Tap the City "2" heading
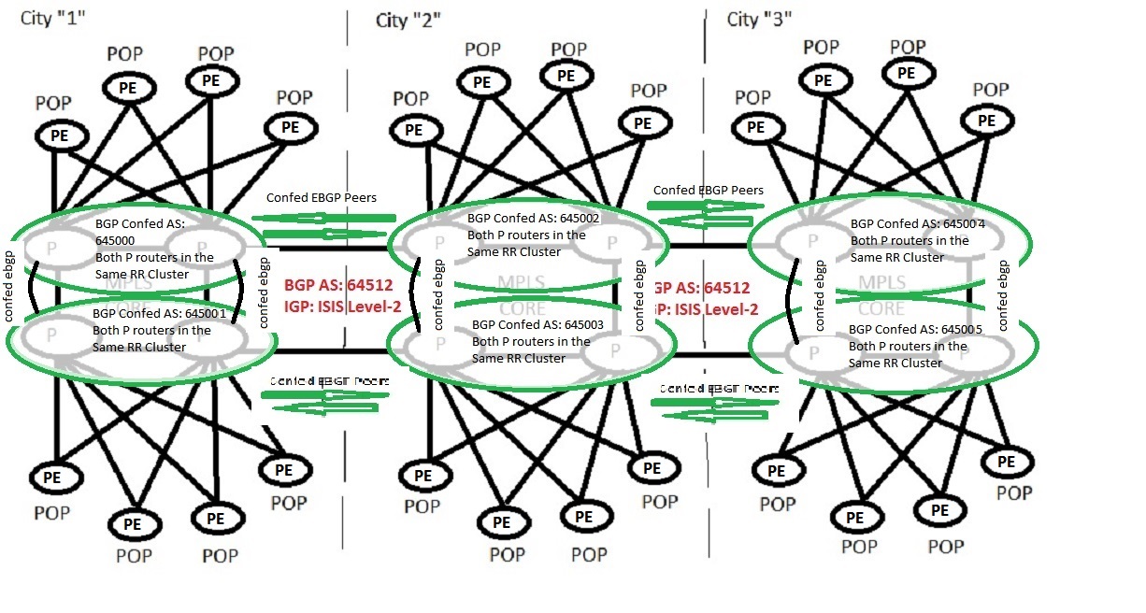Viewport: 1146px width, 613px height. (408, 20)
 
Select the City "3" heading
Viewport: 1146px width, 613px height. (759, 20)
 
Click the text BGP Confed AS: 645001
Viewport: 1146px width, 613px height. (159, 314)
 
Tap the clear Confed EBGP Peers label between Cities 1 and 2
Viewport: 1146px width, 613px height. (321, 197)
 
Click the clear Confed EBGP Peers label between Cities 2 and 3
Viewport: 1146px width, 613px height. (708, 190)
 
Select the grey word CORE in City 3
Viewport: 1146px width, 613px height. (881, 308)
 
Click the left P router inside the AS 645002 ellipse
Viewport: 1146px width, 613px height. (437, 242)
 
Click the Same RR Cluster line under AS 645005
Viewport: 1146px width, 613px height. (895, 362)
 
